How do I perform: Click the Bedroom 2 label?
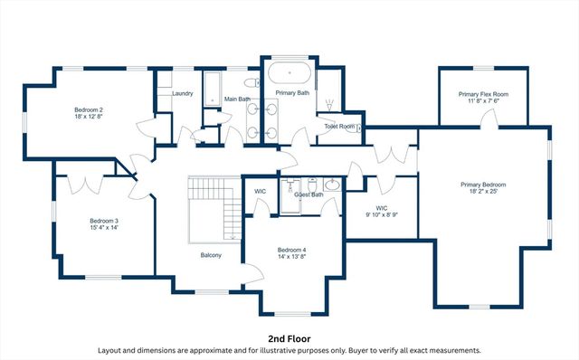pos(89,109)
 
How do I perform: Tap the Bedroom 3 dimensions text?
pos(104,228)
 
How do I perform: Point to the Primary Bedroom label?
pos(482,185)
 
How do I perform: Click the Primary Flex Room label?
pos(483,94)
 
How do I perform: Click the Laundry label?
pos(183,93)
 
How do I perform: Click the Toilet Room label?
pos(339,127)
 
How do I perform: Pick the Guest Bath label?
pos(308,194)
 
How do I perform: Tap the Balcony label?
pos(212,255)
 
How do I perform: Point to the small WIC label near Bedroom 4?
pos(260,192)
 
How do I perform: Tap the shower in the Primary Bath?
pos(328,100)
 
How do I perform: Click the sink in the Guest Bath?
pos(331,185)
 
